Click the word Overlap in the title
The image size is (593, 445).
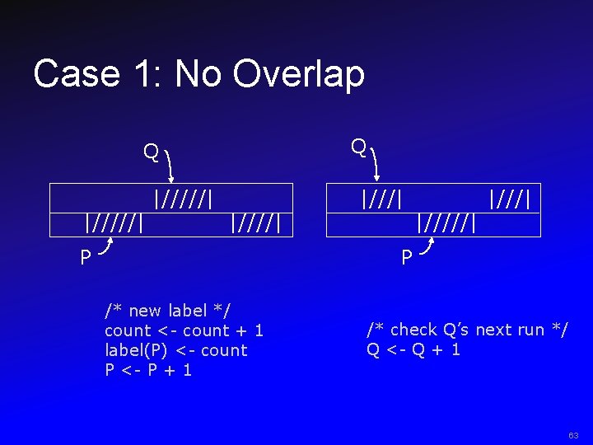[299, 74]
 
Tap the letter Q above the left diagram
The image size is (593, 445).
[151, 152]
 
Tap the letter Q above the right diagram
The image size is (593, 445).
[358, 148]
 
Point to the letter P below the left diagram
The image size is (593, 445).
[86, 258]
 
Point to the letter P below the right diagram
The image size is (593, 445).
[407, 258]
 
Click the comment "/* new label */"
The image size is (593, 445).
[167, 311]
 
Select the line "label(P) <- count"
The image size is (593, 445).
[175, 350]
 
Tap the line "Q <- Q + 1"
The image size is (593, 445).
[413, 349]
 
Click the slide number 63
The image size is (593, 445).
[573, 434]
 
